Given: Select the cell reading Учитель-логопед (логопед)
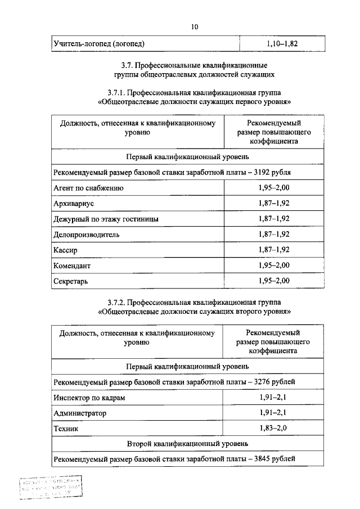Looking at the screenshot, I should [x=98, y=43].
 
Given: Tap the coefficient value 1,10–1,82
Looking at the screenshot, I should [x=282, y=43].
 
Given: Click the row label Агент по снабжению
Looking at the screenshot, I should [x=88, y=187].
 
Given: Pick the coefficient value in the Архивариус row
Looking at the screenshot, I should [x=274, y=203].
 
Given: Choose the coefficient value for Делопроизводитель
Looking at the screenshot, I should [x=274, y=234].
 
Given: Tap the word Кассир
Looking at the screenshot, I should [x=65, y=249].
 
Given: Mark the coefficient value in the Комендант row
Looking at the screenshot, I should [x=274, y=265].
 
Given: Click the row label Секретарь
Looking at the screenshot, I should [x=70, y=280].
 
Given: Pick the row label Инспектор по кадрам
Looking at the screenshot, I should [x=89, y=398].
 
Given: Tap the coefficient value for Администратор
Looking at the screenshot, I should [x=274, y=413].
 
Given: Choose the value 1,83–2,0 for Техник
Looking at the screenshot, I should [x=274, y=429].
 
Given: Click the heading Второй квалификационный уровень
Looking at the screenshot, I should [x=188, y=444].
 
